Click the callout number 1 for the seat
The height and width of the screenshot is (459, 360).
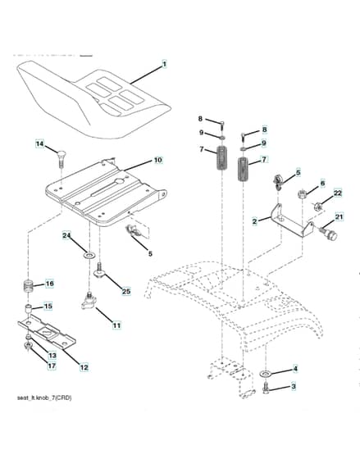(164, 64)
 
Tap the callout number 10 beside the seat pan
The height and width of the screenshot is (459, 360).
(158, 160)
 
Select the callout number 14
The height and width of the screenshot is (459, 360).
(40, 144)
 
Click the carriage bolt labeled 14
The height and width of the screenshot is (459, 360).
(61, 157)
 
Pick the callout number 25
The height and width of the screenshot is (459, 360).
(126, 292)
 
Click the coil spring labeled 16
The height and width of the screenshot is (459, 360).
(29, 286)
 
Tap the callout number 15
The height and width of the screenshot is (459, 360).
(48, 307)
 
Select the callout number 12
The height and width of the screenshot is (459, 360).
(84, 367)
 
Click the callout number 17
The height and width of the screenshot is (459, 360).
(52, 366)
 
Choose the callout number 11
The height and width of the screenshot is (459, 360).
(116, 325)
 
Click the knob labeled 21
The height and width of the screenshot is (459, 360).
(329, 233)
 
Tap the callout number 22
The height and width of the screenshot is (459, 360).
(337, 193)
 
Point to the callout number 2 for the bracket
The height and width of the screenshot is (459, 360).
(254, 221)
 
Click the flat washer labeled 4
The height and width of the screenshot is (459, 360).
(266, 374)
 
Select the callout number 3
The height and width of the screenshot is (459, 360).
(294, 386)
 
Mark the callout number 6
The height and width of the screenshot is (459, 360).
(322, 184)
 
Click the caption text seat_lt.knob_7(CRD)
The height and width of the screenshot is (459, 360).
(44, 398)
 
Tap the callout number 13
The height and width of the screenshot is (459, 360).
(52, 356)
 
